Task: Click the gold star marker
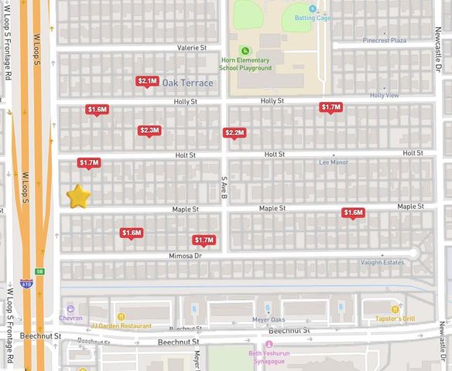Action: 79,196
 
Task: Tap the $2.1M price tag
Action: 147,81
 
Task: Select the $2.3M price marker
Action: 149,131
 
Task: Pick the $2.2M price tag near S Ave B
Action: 234,133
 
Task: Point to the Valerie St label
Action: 192,48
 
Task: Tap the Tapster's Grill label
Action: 399,318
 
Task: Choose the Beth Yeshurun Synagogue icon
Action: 269,345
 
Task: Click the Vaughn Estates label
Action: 383,263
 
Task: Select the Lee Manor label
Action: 335,163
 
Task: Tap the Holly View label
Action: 384,95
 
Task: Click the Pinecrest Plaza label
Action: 384,40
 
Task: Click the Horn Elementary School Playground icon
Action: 245,50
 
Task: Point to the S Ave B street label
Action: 224,187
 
